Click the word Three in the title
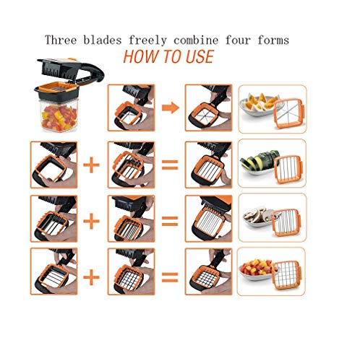[61, 40]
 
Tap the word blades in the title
[107, 40]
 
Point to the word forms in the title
[272, 40]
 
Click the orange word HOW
[141, 56]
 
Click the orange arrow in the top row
[170, 108]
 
